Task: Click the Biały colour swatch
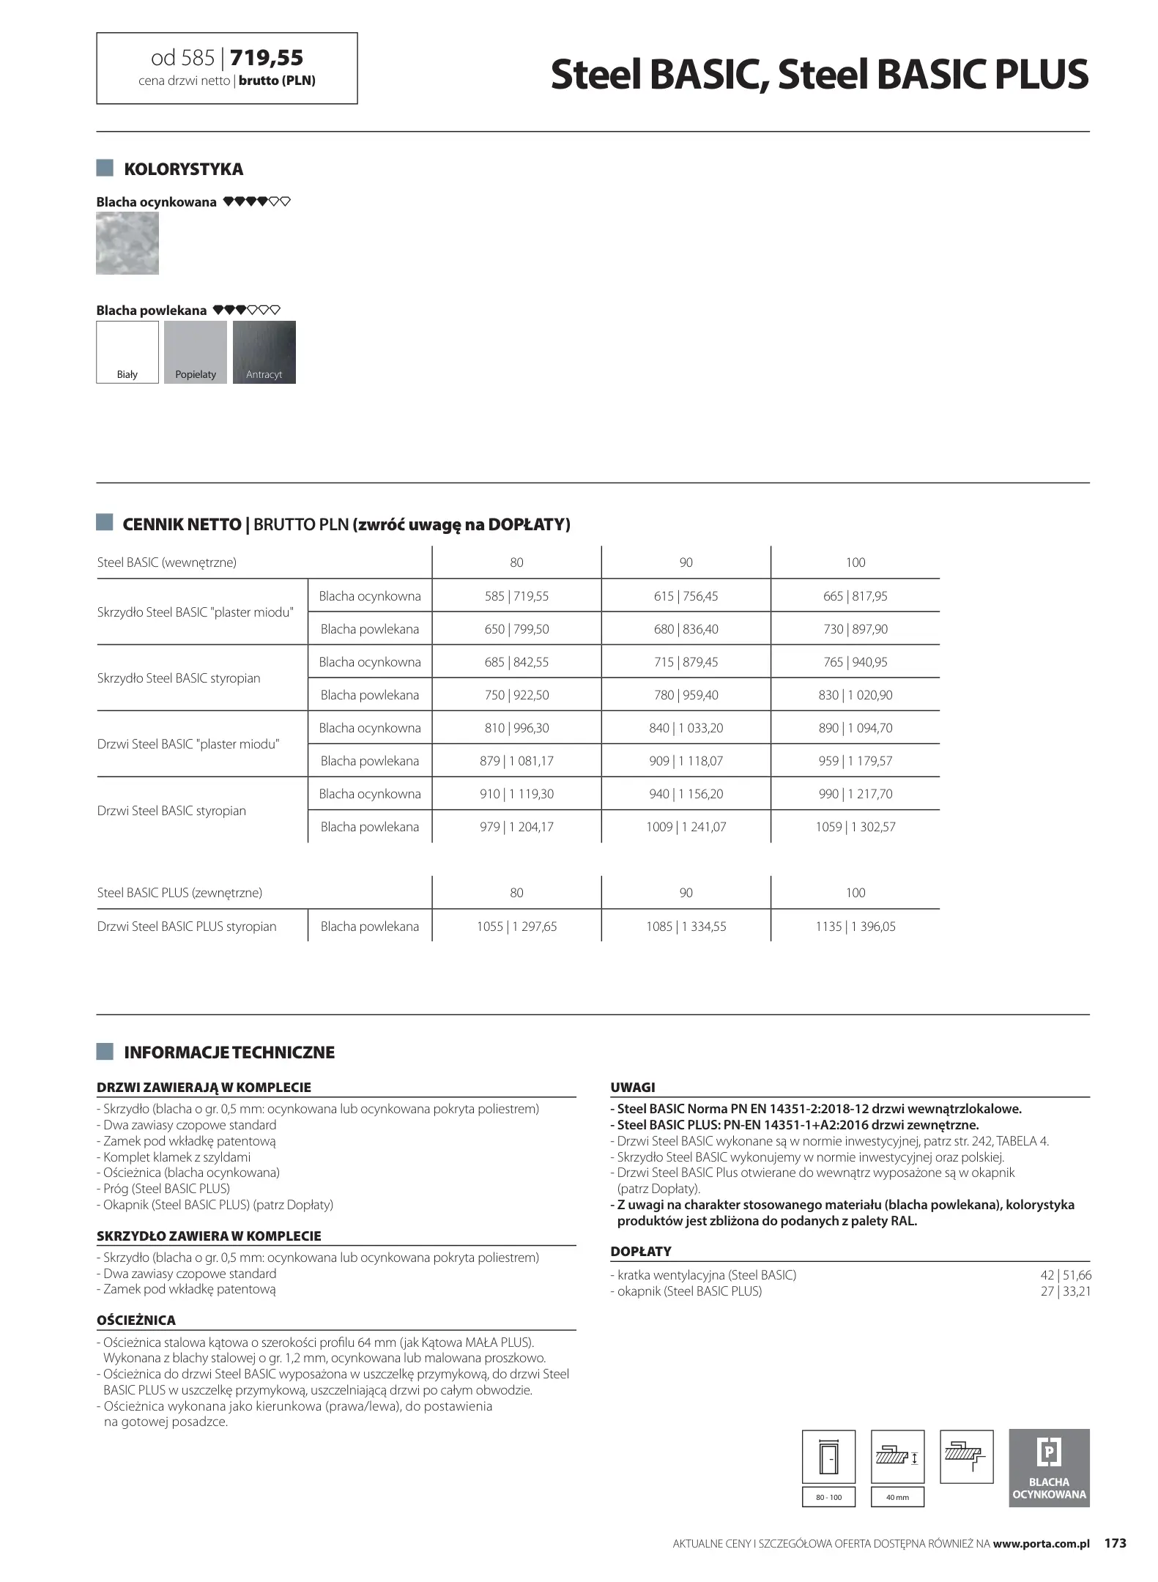(127, 352)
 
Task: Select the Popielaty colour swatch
(196, 352)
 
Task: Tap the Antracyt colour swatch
(264, 352)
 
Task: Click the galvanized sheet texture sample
(127, 243)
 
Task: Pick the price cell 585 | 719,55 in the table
(516, 596)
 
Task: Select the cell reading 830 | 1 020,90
(855, 695)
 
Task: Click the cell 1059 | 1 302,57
(855, 827)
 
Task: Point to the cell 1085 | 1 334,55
(686, 926)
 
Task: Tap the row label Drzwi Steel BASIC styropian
(171, 811)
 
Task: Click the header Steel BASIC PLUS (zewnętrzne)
(179, 893)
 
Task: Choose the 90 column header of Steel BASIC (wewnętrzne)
(686, 562)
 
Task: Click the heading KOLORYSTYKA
(183, 169)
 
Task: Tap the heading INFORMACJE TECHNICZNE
(229, 1052)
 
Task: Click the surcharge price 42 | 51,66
(1066, 1275)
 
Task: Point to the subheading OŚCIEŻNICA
(136, 1321)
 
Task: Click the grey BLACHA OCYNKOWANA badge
(1049, 1468)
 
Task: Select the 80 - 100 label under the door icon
(828, 1497)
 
